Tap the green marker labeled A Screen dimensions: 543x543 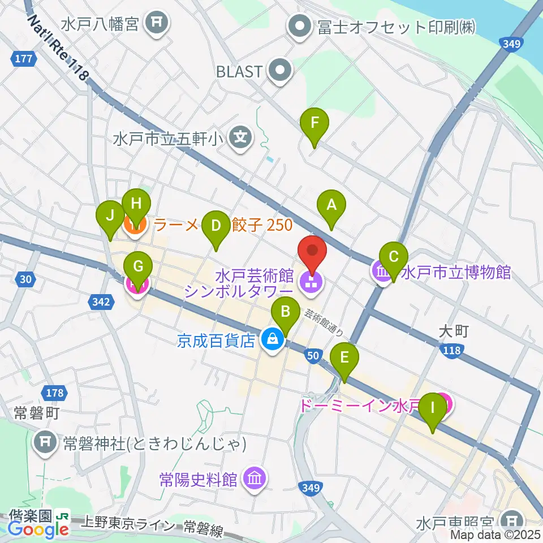[x=332, y=205]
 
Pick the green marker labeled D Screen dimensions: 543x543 [x=216, y=227]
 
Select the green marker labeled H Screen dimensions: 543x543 [x=136, y=204]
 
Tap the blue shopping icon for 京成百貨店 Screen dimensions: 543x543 [x=273, y=341]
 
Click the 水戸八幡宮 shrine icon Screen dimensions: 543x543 [x=154, y=23]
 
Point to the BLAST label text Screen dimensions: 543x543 [x=240, y=72]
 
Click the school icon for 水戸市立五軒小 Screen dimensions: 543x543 [x=242, y=137]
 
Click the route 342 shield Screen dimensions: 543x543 [x=100, y=303]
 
